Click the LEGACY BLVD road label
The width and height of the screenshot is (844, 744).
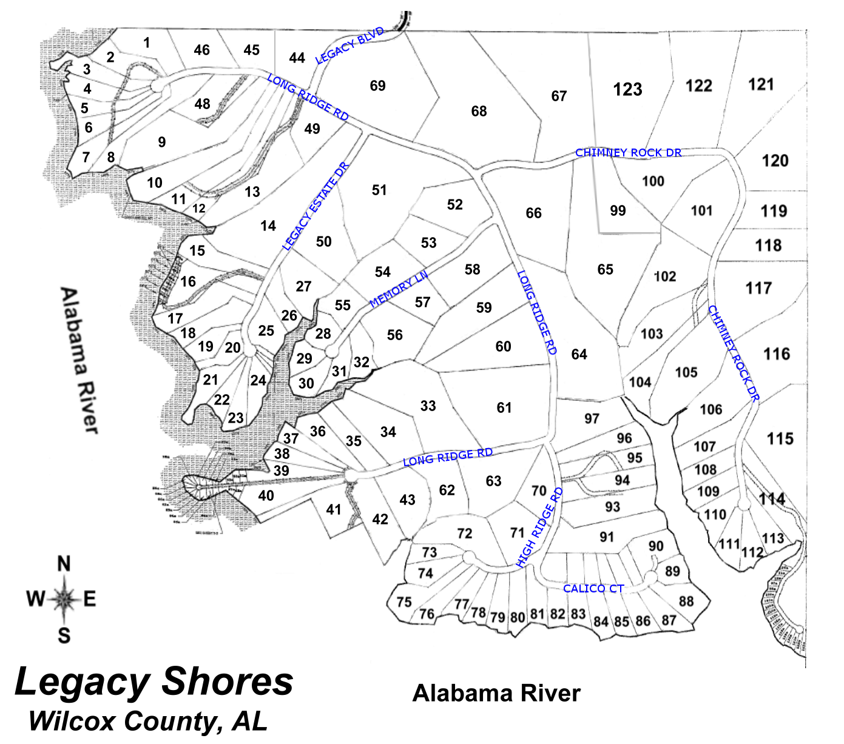[349, 45]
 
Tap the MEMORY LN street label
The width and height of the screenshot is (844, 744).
[399, 289]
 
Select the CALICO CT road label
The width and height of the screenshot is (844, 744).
[593, 588]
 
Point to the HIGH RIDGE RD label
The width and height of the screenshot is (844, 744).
[539, 528]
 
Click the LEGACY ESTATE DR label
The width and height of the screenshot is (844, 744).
[316, 207]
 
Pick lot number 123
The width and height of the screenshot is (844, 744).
[627, 90]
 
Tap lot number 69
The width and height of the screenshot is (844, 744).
[377, 85]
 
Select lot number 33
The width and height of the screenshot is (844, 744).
[428, 406]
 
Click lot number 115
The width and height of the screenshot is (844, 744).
[780, 438]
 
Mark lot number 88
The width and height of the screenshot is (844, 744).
[686, 601]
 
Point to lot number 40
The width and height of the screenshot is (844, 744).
[266, 495]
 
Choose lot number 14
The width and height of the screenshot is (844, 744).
[268, 226]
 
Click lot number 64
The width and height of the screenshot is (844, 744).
[579, 354]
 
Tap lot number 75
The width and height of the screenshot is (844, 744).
[404, 602]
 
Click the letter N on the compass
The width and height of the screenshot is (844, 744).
[64, 564]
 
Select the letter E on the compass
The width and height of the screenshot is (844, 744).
[90, 599]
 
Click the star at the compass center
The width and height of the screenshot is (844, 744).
[64, 599]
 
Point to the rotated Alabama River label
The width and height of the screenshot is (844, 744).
[79, 360]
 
